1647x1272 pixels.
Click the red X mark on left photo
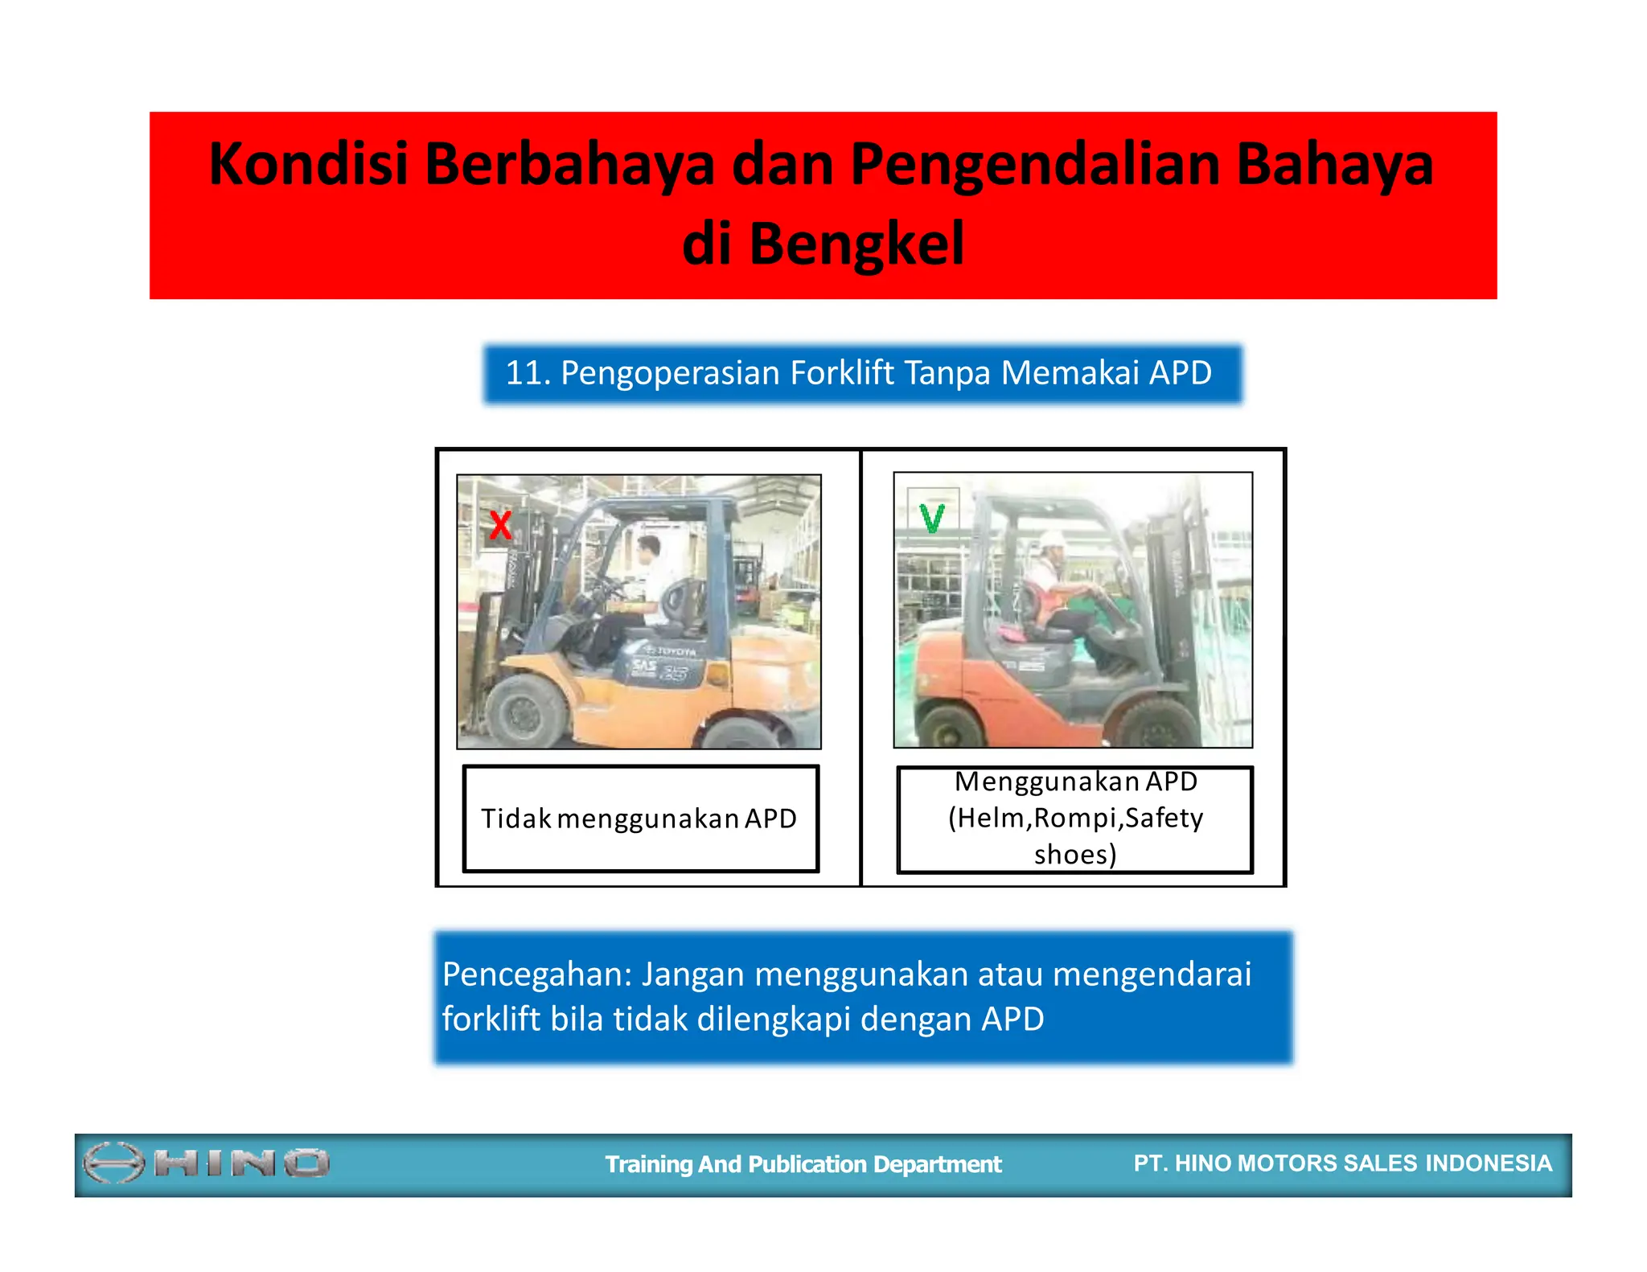point(500,525)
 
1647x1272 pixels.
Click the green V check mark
point(932,519)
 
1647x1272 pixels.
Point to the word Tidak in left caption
point(515,819)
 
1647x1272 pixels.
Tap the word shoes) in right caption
point(1075,854)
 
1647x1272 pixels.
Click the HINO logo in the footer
point(206,1163)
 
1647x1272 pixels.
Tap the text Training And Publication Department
point(803,1164)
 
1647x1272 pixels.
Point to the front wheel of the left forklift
point(527,712)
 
